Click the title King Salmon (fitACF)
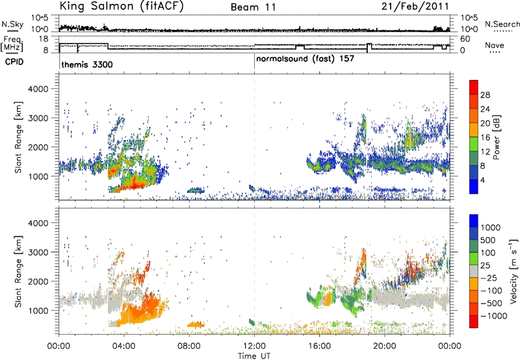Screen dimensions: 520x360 coord(122,6)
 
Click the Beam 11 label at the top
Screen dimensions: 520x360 coord(253,7)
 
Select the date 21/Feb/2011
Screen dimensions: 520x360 coord(415,6)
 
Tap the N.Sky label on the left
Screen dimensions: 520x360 coord(12,24)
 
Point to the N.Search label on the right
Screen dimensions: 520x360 coord(502,24)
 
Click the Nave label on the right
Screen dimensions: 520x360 coord(495,45)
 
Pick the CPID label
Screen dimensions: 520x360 coord(14,62)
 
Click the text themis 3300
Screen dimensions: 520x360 coord(87,64)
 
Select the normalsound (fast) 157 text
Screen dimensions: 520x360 coord(305,59)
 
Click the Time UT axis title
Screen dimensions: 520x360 coord(254,356)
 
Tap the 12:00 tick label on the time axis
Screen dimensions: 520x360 coord(254,346)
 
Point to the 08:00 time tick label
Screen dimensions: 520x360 coord(189,346)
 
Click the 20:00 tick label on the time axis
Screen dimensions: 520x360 coord(384,346)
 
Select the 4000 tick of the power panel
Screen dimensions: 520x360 coord(38,89)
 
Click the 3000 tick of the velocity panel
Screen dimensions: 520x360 coord(38,252)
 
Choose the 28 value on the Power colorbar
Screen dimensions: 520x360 coord(485,95)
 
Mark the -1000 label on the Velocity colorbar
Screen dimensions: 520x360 coord(493,316)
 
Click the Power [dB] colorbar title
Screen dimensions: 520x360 coord(496,137)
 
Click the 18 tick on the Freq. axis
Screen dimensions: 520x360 coord(44,39)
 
